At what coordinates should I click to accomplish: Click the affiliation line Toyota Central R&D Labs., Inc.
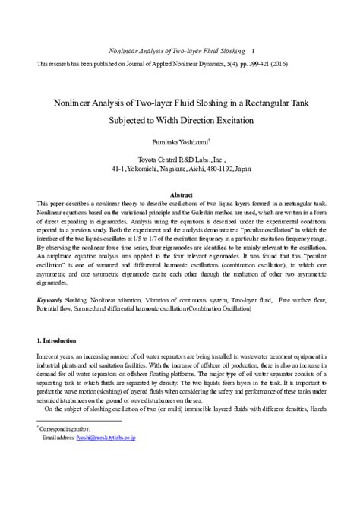(x=180, y=160)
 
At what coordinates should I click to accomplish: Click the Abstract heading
(x=180, y=195)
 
